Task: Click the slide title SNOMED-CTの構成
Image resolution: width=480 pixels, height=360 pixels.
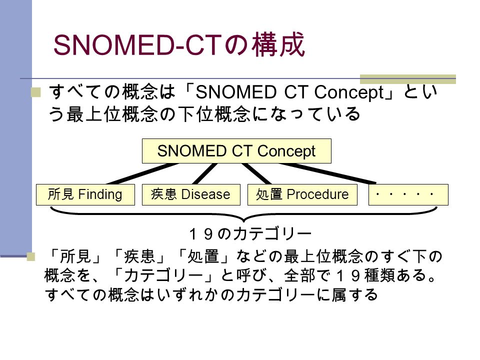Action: [x=179, y=44]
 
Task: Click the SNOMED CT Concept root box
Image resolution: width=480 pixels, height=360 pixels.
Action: [x=236, y=151]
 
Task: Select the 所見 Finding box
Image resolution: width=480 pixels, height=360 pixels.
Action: [x=85, y=194]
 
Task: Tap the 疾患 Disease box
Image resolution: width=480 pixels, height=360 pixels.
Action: [x=191, y=194]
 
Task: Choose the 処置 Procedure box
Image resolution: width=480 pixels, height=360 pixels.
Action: [x=302, y=194]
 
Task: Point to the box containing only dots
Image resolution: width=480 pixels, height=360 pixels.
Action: [x=408, y=194]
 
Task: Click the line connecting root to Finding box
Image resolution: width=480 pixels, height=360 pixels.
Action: [x=142, y=173]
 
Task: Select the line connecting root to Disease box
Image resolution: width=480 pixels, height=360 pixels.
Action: [x=205, y=173]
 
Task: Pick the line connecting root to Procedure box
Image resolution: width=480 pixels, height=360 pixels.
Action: [x=256, y=173]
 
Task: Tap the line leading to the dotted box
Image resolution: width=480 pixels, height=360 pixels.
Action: [x=327, y=173]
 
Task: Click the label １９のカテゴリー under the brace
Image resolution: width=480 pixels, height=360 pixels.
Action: [x=250, y=234]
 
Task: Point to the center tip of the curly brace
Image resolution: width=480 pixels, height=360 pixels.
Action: [x=243, y=221]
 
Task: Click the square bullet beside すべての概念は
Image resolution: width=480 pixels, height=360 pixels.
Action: [x=36, y=92]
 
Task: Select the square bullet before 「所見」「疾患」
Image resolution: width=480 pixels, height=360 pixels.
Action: [x=31, y=256]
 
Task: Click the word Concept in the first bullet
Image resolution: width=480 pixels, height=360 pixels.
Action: [x=349, y=92]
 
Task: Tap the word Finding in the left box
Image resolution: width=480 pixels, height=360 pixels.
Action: [x=100, y=194]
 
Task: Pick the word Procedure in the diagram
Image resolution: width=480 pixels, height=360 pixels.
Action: [x=318, y=194]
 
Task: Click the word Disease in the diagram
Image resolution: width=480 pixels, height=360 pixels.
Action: [x=205, y=194]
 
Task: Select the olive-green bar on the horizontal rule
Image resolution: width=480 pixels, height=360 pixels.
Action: [x=408, y=79]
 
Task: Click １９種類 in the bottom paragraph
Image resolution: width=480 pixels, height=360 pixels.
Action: [x=364, y=275]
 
